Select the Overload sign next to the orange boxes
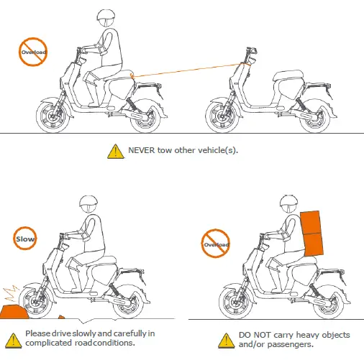(217, 244)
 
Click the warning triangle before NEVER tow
(114, 151)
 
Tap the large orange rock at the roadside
(12, 311)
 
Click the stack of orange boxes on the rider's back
(311, 232)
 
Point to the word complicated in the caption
(45, 343)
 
